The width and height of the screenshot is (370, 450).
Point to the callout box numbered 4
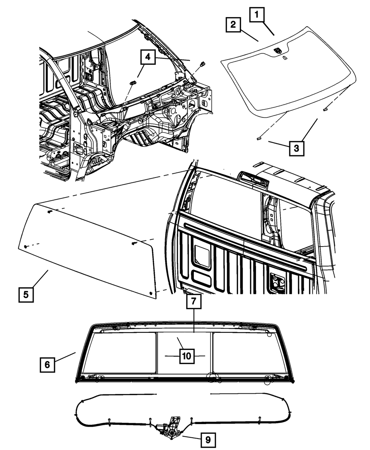click(148, 57)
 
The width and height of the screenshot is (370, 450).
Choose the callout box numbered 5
click(26, 295)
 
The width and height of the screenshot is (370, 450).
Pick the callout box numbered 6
click(47, 364)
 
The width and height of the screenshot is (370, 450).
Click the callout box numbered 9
click(208, 440)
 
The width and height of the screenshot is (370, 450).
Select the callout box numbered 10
click(186, 356)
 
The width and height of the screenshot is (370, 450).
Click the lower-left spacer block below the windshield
click(259, 138)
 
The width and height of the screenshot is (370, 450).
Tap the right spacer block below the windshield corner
click(325, 109)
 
